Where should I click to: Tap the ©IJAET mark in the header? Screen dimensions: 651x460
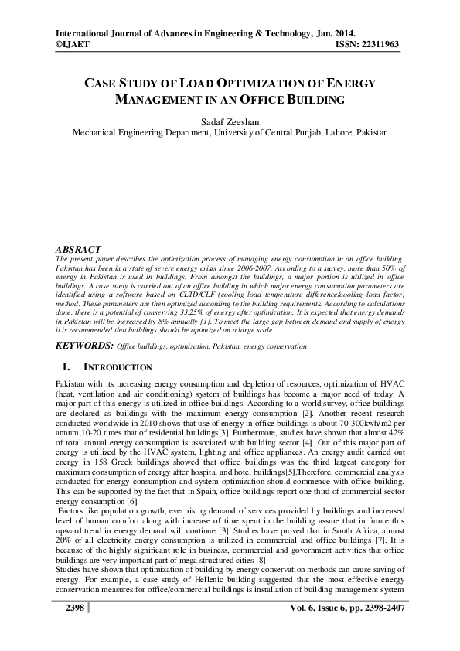[72, 46]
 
